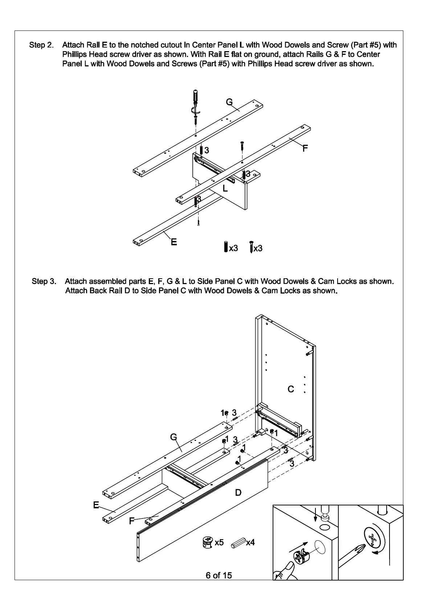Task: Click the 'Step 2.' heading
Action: pyautogui.click(x=41, y=45)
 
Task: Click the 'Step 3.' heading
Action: pyautogui.click(x=44, y=281)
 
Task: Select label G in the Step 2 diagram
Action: pyautogui.click(x=229, y=102)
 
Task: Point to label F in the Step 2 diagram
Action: pyautogui.click(x=305, y=148)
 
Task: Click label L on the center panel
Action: pyautogui.click(x=225, y=188)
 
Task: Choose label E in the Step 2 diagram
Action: pyautogui.click(x=174, y=242)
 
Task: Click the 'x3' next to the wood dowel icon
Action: pyautogui.click(x=233, y=248)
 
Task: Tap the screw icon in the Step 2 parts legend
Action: pyautogui.click(x=251, y=247)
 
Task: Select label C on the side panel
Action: pyautogui.click(x=291, y=389)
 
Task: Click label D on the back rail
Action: pyautogui.click(x=238, y=492)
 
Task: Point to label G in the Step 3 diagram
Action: pyautogui.click(x=174, y=437)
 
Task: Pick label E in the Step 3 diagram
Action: pyautogui.click(x=96, y=505)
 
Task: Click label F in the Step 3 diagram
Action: pyautogui.click(x=132, y=521)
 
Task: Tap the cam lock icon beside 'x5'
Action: pyautogui.click(x=207, y=542)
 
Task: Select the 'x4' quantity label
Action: pyautogui.click(x=250, y=543)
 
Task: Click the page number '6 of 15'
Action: pyautogui.click(x=219, y=575)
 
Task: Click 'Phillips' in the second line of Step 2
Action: pyautogui.click(x=76, y=54)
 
